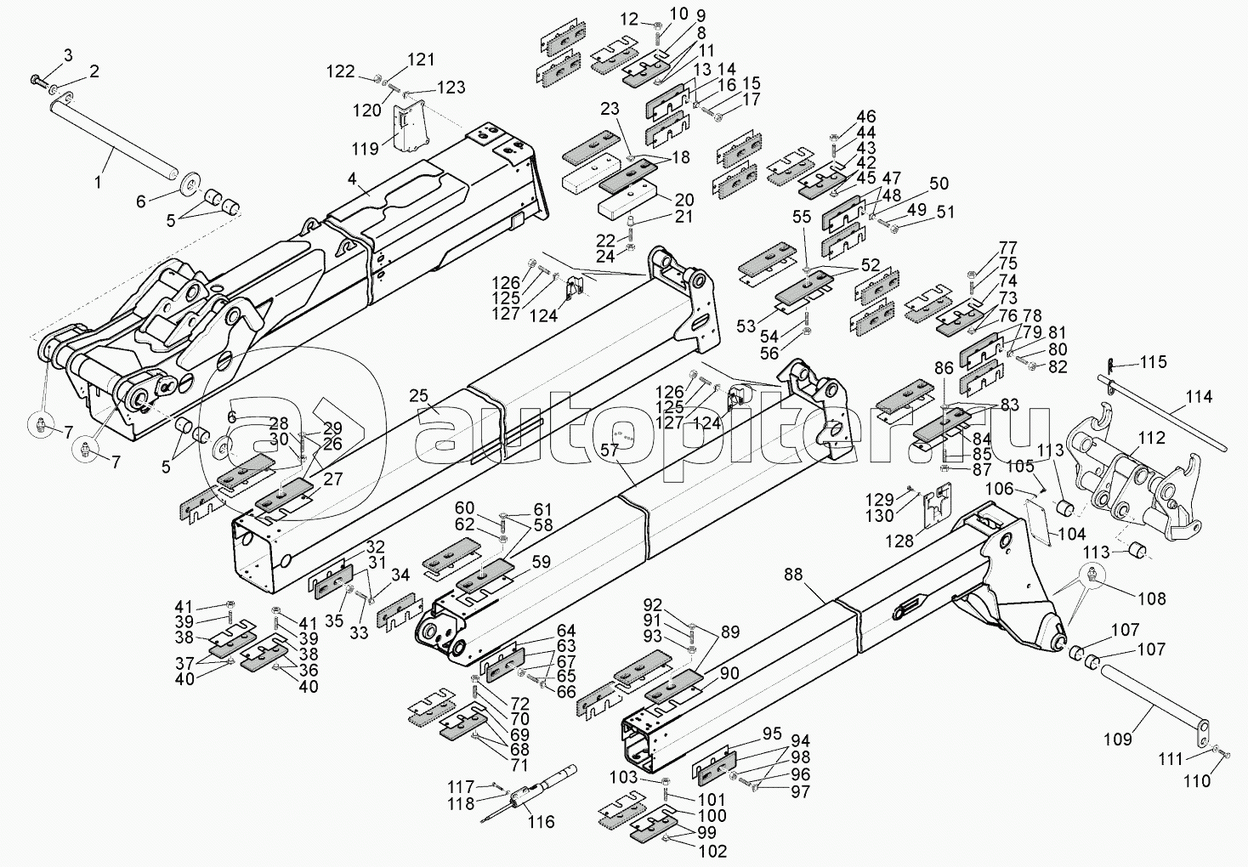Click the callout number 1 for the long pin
tap(98, 182)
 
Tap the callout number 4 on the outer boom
tap(351, 179)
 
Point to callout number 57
tap(609, 450)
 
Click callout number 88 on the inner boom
tap(792, 575)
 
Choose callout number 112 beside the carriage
tap(1151, 439)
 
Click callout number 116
tap(541, 821)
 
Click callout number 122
tap(342, 71)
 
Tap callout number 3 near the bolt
tap(68, 55)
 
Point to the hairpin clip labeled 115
tap(1112, 365)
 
